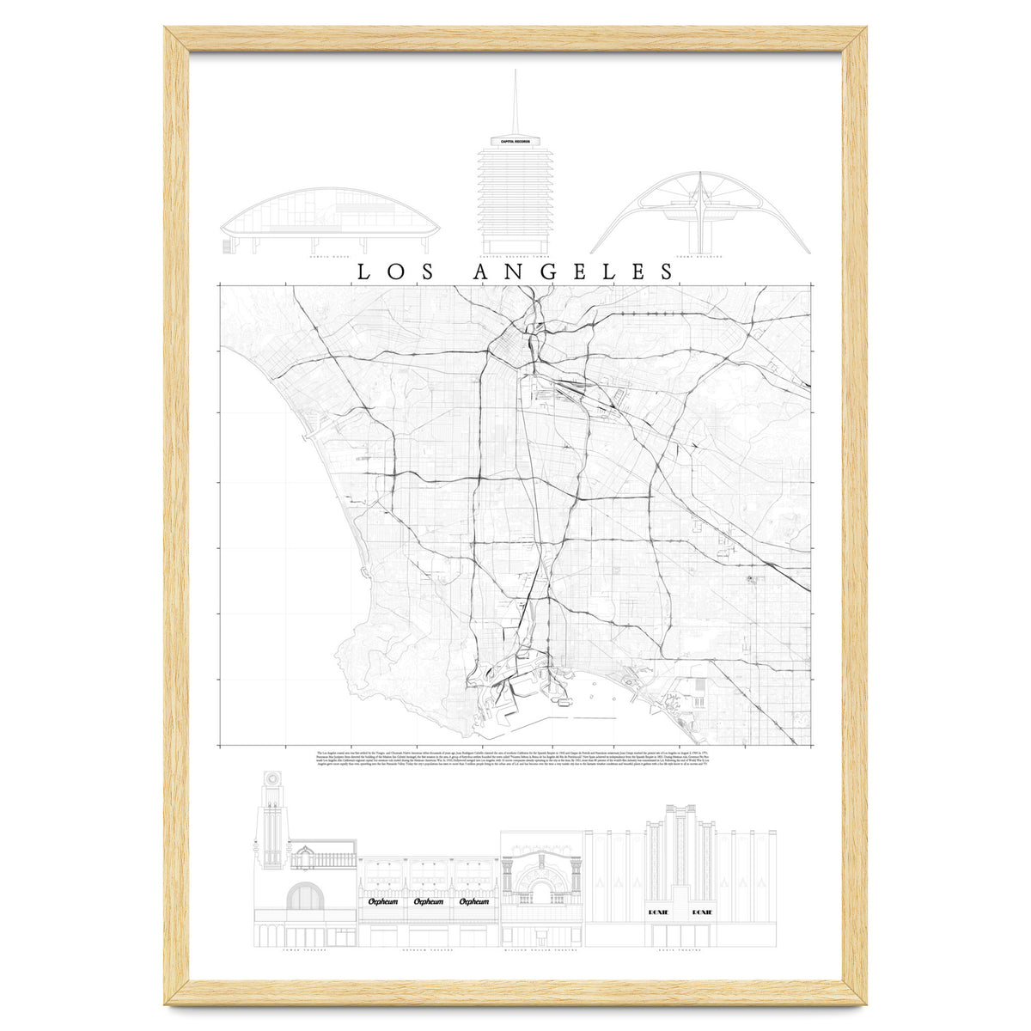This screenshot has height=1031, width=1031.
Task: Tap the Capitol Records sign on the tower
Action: (x=515, y=141)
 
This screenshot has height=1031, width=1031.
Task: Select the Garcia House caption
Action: (x=331, y=256)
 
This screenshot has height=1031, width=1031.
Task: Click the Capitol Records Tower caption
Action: (x=515, y=256)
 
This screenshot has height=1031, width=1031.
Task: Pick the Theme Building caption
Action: (x=699, y=256)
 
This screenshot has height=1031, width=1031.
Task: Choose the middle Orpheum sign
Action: (x=428, y=901)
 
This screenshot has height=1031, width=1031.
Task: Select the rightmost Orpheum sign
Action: (x=473, y=901)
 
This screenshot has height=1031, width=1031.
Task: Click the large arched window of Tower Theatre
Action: (x=304, y=897)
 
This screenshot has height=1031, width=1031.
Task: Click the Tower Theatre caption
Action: (x=304, y=950)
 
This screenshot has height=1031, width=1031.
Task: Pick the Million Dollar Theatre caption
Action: (x=541, y=950)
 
